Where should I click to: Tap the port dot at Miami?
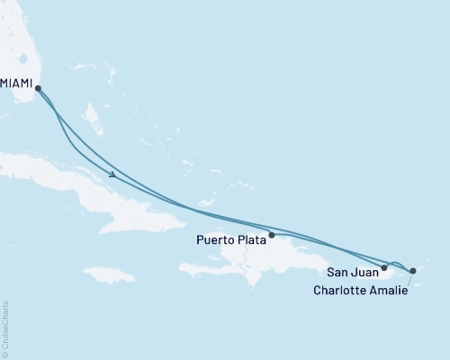click(37, 86)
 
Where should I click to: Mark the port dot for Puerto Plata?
click(272, 234)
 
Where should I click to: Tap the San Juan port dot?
click(384, 267)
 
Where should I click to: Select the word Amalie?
click(386, 290)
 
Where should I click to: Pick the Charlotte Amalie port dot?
click(412, 270)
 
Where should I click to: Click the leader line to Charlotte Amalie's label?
click(409, 280)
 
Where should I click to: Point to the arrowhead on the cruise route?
click(112, 175)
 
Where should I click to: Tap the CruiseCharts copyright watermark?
click(5, 329)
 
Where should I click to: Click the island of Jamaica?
click(110, 274)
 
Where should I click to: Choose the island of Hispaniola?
click(261, 256)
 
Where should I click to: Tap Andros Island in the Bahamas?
click(91, 114)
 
